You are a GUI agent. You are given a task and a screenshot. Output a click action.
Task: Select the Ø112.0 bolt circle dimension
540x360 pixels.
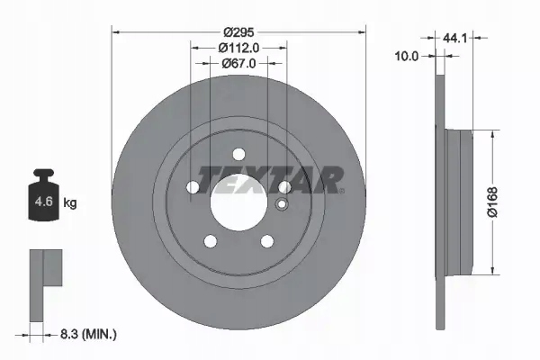(x=238, y=47)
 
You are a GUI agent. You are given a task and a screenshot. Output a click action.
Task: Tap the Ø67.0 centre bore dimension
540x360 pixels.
(x=238, y=63)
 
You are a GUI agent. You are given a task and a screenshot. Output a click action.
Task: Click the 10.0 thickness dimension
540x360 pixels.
(x=407, y=56)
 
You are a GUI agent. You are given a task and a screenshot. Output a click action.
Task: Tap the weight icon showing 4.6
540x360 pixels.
(x=43, y=201)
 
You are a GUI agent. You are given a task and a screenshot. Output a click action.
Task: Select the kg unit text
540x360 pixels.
(x=70, y=203)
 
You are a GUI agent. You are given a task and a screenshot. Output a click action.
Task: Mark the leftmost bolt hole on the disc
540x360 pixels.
(x=193, y=186)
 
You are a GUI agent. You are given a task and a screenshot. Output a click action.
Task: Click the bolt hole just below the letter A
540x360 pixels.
(x=283, y=186)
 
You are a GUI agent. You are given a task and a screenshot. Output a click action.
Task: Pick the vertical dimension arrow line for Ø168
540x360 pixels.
(x=493, y=202)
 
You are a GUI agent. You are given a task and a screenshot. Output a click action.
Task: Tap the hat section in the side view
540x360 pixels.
(x=461, y=202)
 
